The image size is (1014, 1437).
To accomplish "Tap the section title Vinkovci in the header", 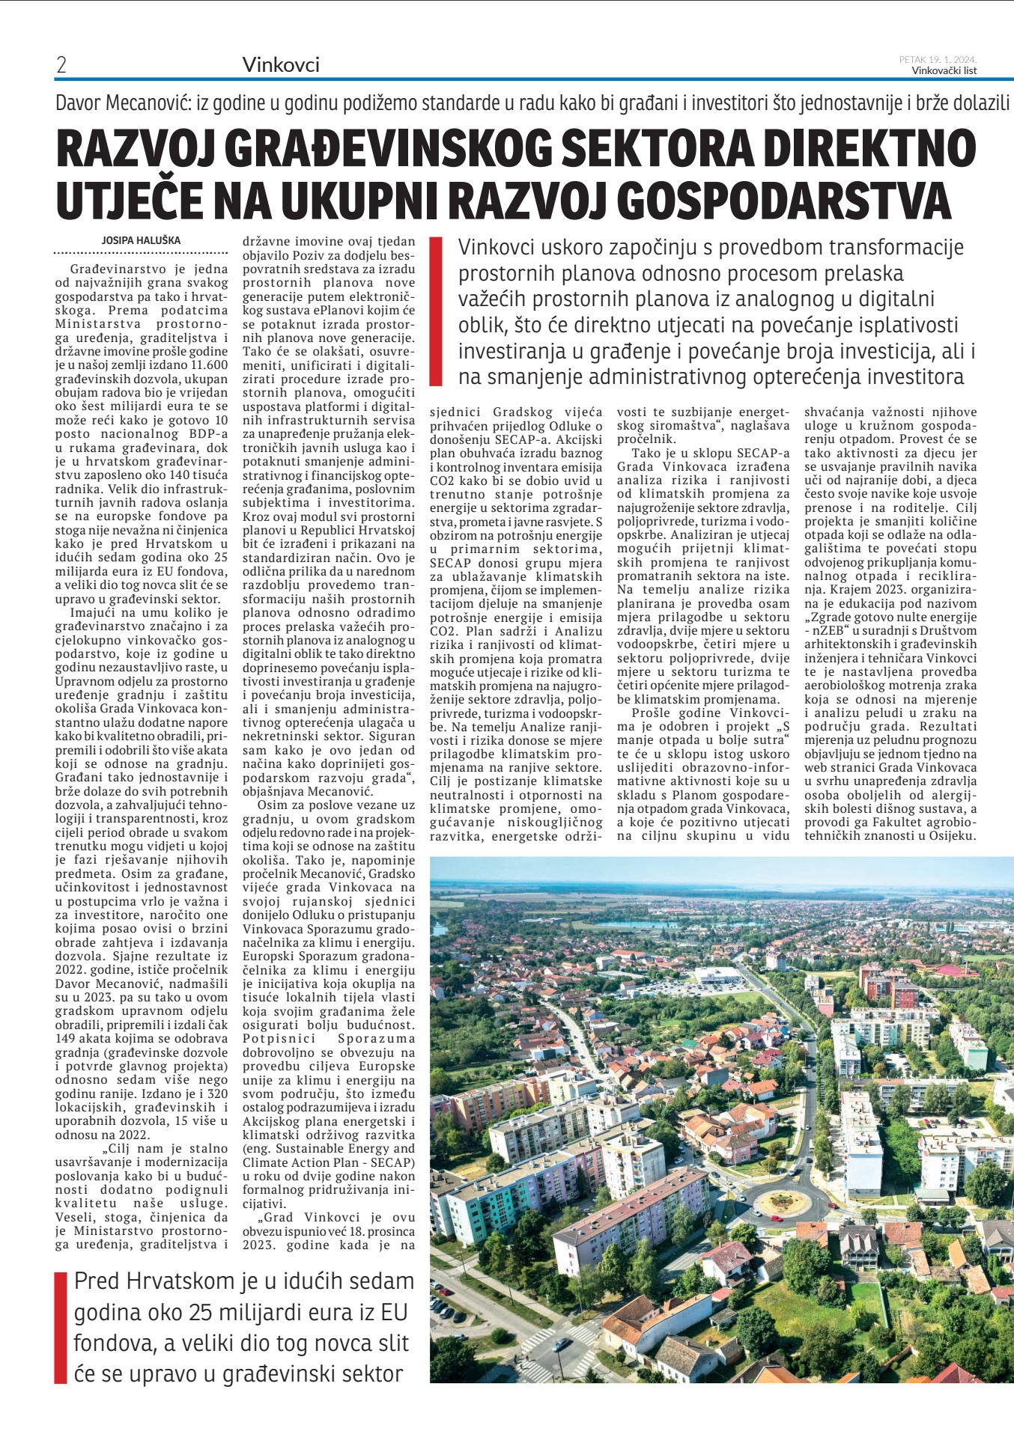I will (281, 65).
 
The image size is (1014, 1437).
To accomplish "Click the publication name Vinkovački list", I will (944, 71).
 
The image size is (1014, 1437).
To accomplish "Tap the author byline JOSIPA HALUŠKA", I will (141, 240).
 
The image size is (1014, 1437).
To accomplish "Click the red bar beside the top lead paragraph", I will (435, 311).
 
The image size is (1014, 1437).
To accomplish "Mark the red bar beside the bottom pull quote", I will (61, 1326).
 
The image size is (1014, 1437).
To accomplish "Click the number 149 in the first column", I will (68, 1039).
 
